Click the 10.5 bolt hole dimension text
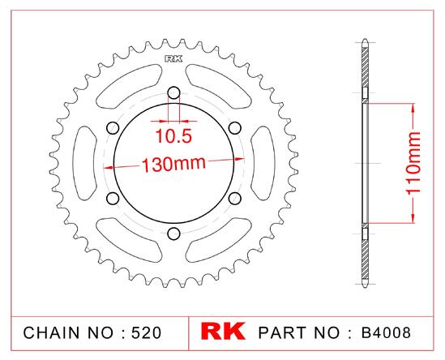(x=173, y=136)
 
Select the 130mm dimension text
(x=173, y=164)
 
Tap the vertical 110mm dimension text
(x=413, y=163)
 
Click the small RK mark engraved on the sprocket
(x=173, y=59)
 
